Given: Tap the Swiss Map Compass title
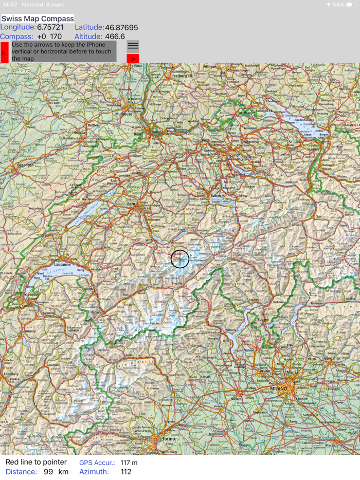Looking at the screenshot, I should pyautogui.click(x=38, y=19).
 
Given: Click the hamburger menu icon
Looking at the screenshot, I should pyautogui.click(x=133, y=46).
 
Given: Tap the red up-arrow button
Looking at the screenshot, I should pyautogui.click(x=4, y=52).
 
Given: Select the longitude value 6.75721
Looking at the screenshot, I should pyautogui.click(x=50, y=27).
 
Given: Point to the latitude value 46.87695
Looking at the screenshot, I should pyautogui.click(x=121, y=27).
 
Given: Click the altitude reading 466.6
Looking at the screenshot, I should pyautogui.click(x=115, y=36).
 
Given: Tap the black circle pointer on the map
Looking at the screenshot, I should pyautogui.click(x=179, y=259).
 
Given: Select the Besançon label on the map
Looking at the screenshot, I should pyautogui.click(x=25, y=165).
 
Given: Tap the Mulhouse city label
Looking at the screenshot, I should pyautogui.click(x=123, y=114).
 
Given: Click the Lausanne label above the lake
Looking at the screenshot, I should pyautogui.click(x=62, y=264).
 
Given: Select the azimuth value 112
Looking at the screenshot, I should pyautogui.click(x=125, y=472).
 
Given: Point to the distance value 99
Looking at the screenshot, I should pyautogui.click(x=48, y=472).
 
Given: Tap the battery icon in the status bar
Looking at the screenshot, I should pyautogui.click(x=352, y=5).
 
